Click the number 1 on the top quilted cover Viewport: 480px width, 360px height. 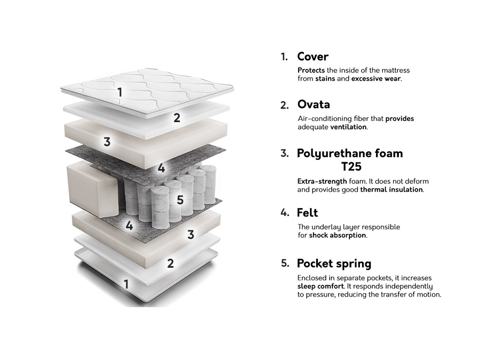pyautogui.click(x=120, y=92)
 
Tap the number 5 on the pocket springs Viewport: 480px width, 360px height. pyautogui.click(x=180, y=200)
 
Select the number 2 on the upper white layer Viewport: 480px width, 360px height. pyautogui.click(x=177, y=118)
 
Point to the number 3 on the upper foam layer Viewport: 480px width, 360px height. pyautogui.click(x=107, y=142)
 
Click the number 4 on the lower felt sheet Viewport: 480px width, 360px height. pyautogui.click(x=129, y=226)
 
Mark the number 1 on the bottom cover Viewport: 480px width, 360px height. pyautogui.click(x=126, y=284)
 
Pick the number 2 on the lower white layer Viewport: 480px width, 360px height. pyautogui.click(x=170, y=263)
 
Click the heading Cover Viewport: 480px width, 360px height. pyautogui.click(x=313, y=57)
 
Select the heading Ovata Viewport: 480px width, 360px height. pyautogui.click(x=314, y=104)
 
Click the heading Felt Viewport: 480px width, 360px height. pyautogui.click(x=307, y=213)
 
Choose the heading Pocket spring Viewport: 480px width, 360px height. pyautogui.click(x=334, y=263)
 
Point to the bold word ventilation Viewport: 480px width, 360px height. pyautogui.click(x=348, y=127)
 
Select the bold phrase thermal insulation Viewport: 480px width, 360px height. pyautogui.click(x=391, y=189)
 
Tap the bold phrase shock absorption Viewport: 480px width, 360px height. pyautogui.click(x=337, y=235)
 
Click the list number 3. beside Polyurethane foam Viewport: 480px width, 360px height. pyautogui.click(x=285, y=154)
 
